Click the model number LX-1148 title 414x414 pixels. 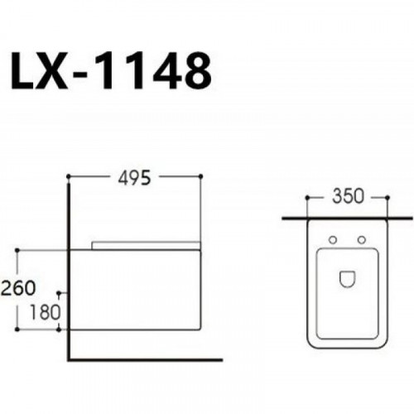coord(111,70)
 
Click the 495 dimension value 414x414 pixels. coord(135,178)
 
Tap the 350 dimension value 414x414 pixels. coord(348,196)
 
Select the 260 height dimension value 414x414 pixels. coord(18,288)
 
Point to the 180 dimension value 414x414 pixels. coord(45,312)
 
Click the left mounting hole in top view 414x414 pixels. coord(333,240)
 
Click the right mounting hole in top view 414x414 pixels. coord(362,240)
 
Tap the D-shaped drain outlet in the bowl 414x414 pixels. coord(347,279)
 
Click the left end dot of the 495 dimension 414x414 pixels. coord(68,176)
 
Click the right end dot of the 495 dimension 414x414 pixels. coord(200,176)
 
